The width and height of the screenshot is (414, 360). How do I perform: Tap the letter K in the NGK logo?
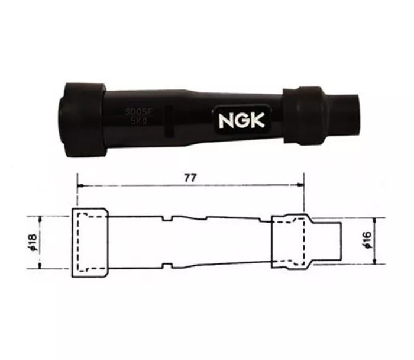point(257,120)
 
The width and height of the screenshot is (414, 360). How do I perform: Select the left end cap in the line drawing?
point(90,243)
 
